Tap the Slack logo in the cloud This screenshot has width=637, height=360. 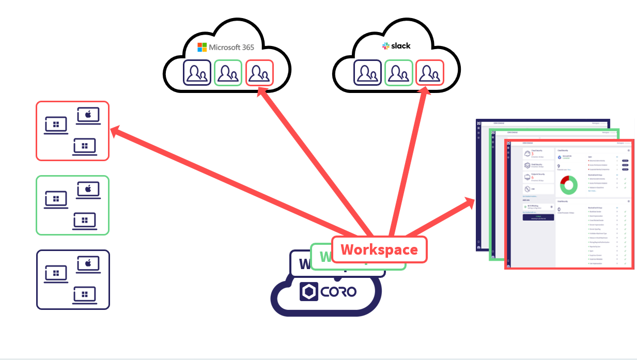click(396, 46)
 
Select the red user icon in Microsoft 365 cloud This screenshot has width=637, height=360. click(259, 73)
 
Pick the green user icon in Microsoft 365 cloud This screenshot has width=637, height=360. click(228, 73)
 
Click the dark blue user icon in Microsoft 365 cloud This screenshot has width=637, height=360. click(197, 73)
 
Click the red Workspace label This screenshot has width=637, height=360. click(379, 249)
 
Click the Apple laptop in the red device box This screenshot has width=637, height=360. click(88, 116)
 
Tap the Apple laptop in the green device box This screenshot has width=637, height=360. click(88, 190)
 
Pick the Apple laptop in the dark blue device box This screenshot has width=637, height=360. click(88, 264)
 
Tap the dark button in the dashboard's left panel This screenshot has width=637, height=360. click(538, 217)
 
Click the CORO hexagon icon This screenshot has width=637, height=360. click(309, 292)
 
